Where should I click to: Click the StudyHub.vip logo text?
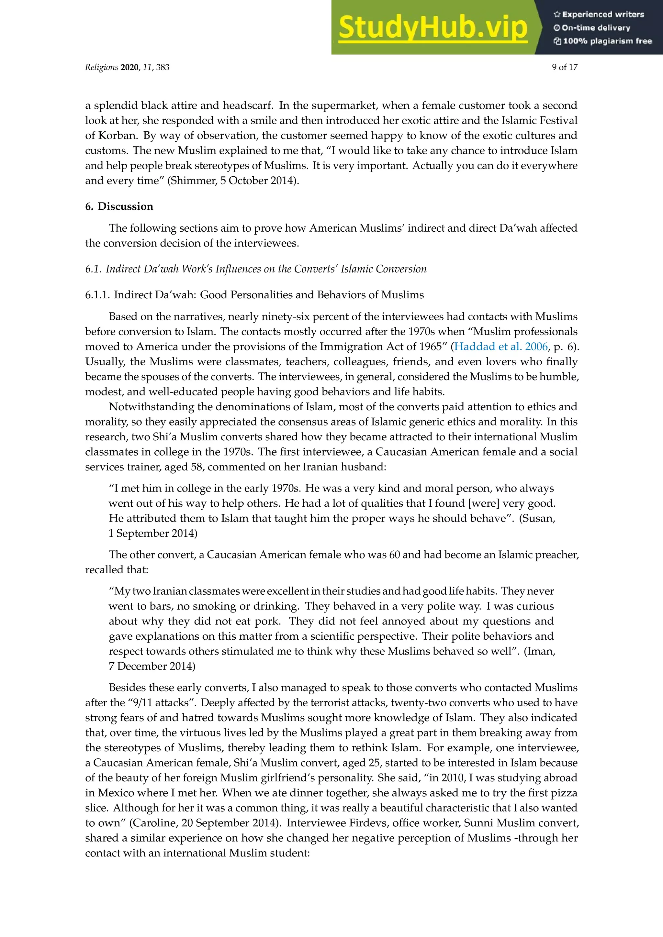click(433, 28)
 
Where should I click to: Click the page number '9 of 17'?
click(565, 67)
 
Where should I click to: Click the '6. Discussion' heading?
click(119, 206)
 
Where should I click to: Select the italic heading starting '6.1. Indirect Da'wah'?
click(255, 269)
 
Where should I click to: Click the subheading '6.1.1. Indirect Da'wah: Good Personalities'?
click(254, 295)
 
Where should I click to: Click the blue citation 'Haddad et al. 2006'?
click(501, 347)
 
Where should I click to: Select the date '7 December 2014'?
click(152, 666)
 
